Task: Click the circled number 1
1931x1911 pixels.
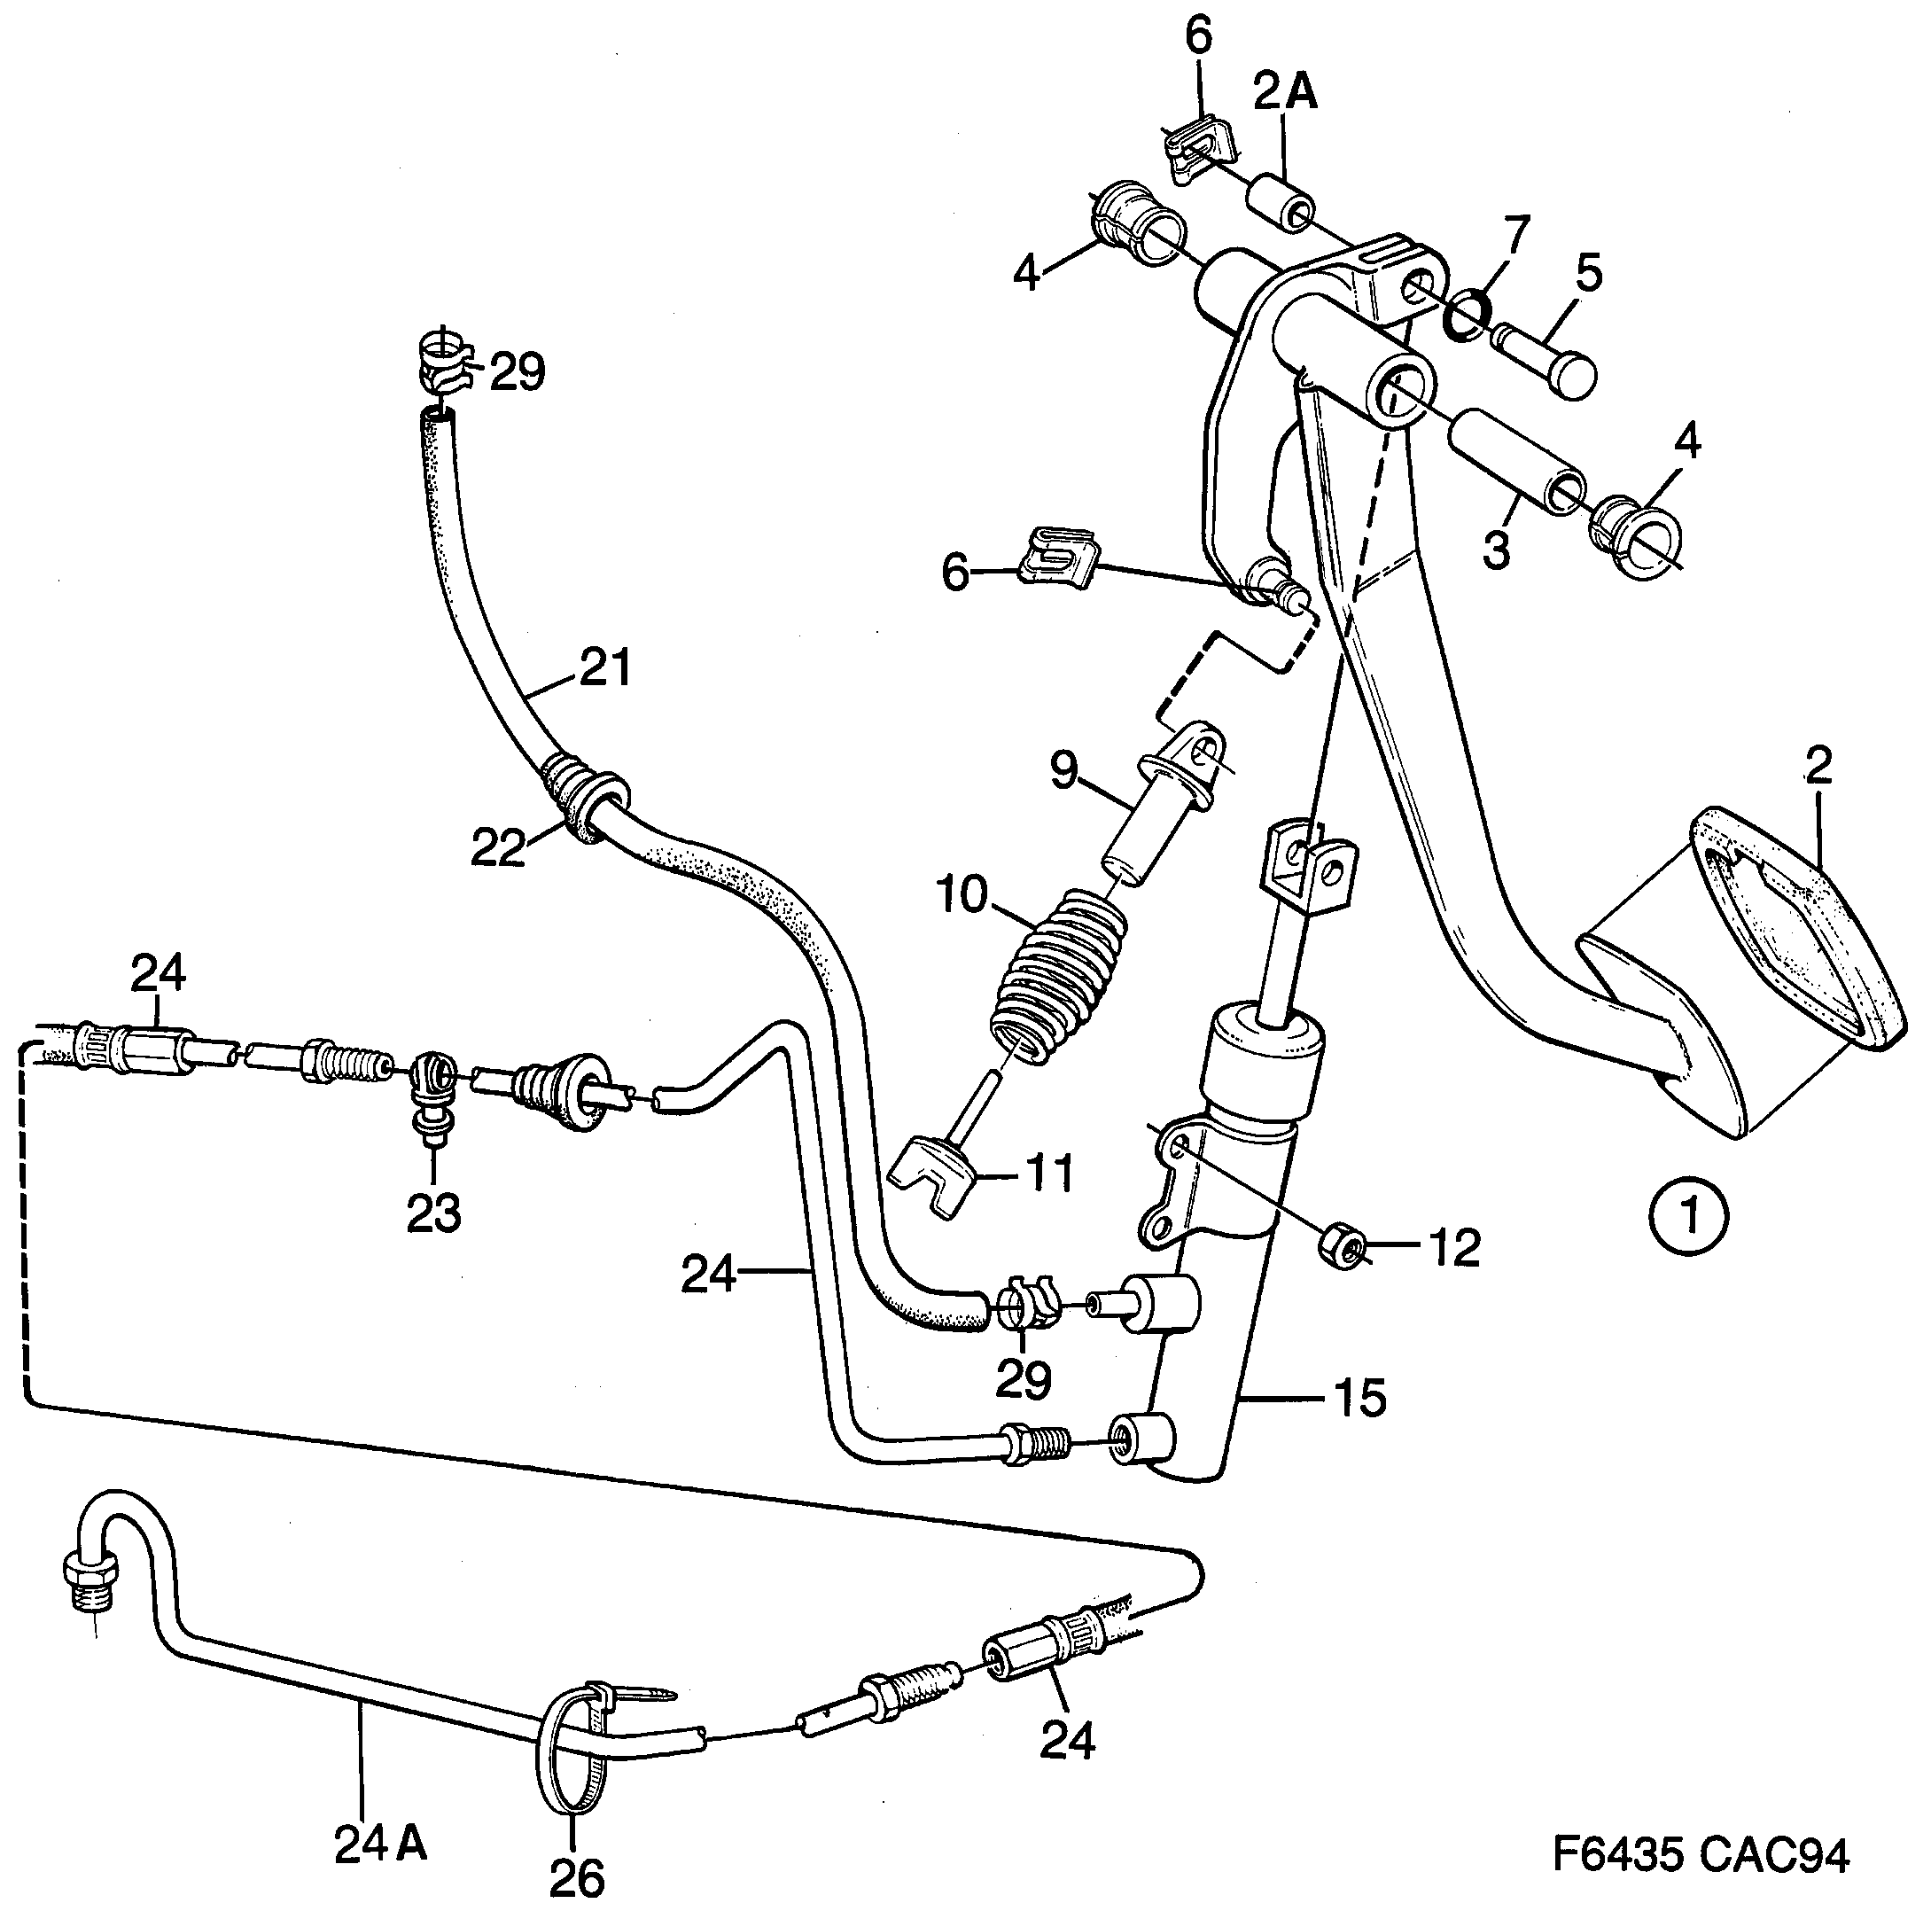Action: (1688, 1217)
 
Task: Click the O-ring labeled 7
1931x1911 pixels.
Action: (1468, 315)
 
